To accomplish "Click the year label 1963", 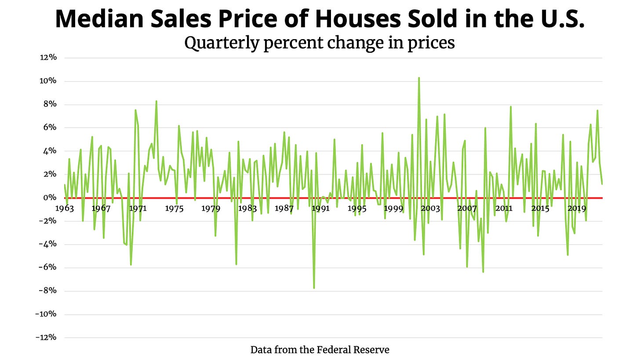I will click(x=65, y=208).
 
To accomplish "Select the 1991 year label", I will click(x=320, y=208).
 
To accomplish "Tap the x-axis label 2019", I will click(x=577, y=208).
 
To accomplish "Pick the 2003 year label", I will click(x=430, y=208).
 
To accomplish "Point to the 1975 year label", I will click(x=174, y=208).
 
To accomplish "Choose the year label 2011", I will click(x=503, y=208).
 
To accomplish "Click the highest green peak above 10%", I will click(x=419, y=78).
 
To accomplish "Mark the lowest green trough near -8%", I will click(x=314, y=288).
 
